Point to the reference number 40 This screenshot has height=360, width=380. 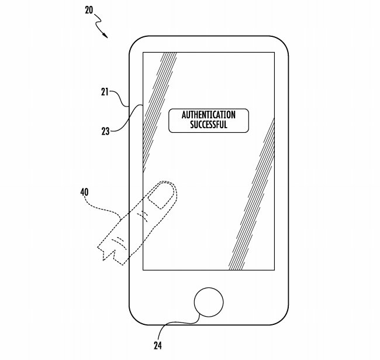85,191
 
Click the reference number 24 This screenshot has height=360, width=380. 157,345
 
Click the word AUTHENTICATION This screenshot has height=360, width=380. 208,115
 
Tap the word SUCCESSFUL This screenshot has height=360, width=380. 208,125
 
